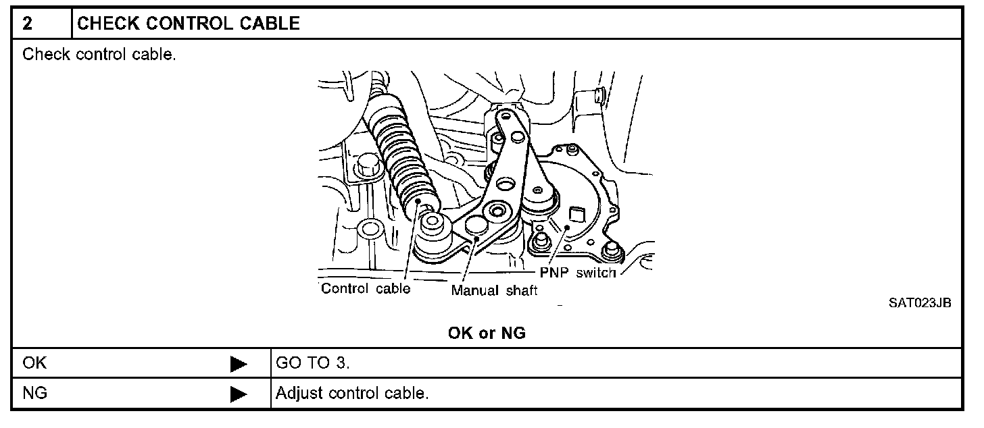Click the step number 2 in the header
27,23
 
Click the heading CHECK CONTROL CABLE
189,23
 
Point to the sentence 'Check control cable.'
99,55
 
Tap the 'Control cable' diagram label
366,288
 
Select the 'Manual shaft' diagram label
494,290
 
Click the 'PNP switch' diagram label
578,273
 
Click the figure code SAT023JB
919,303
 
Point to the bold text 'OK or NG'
487,333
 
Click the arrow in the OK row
239,365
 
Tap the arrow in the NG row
239,394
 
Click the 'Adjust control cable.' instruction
352,393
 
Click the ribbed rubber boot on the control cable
402,154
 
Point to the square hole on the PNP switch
576,214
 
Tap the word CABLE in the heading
270,23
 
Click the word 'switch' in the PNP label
595,273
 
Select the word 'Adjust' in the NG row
299,393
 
